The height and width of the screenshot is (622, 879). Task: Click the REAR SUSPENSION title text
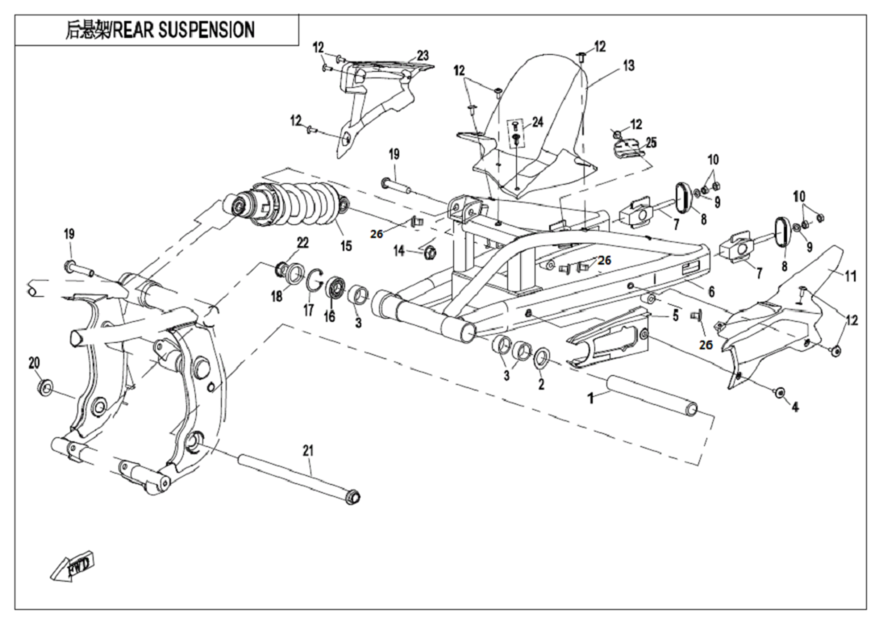coord(160,31)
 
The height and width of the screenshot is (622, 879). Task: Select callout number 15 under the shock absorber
coord(347,245)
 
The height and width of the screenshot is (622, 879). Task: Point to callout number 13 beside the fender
coord(628,65)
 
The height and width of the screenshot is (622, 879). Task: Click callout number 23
coord(422,56)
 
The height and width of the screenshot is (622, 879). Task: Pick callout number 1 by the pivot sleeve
coord(590,399)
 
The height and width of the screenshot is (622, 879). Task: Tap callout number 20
coord(34,363)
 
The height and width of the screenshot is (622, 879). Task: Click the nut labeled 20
coord(45,389)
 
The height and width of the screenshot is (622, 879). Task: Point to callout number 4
coord(795,408)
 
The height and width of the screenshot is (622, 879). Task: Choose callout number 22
coord(302,242)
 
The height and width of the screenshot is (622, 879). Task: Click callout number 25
coord(651,142)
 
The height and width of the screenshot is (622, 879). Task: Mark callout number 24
coord(538,122)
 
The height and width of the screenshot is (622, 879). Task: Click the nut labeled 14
coord(428,253)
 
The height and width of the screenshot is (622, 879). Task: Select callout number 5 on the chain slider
coord(676,315)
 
